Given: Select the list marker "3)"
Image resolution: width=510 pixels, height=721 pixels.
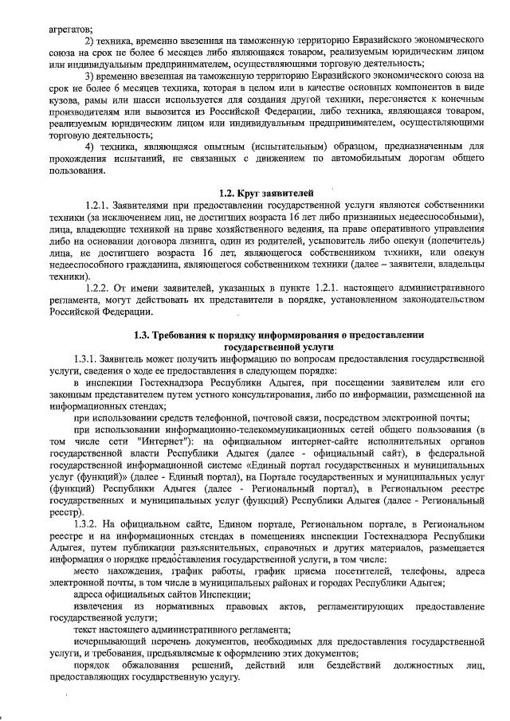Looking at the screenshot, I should coord(90,75).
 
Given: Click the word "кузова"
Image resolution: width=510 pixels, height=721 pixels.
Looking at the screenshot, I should coord(65,99).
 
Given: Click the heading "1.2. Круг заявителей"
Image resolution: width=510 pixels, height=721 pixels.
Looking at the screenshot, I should coord(266,194).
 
